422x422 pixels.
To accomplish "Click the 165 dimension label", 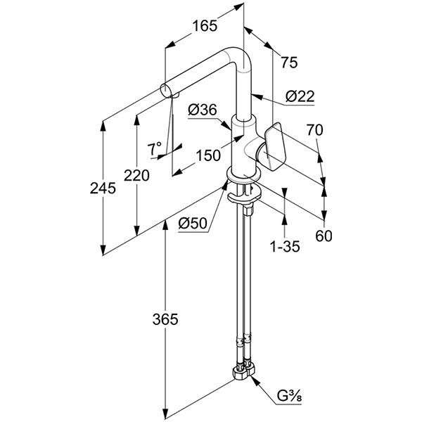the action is coord(205,26).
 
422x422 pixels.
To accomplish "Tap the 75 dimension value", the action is coord(289,63).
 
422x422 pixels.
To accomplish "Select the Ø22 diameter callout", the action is coord(300,96).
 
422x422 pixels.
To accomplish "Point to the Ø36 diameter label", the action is coord(203,110).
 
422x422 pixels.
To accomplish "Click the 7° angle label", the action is coord(154,149).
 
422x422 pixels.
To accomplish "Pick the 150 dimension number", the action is coord(208,155).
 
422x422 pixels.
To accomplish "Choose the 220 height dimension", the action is coord(136,176).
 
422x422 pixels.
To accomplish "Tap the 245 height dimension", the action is coord(103,188).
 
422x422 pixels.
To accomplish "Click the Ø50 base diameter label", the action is coord(193,223).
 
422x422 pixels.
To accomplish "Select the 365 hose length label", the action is coord(165,319).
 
